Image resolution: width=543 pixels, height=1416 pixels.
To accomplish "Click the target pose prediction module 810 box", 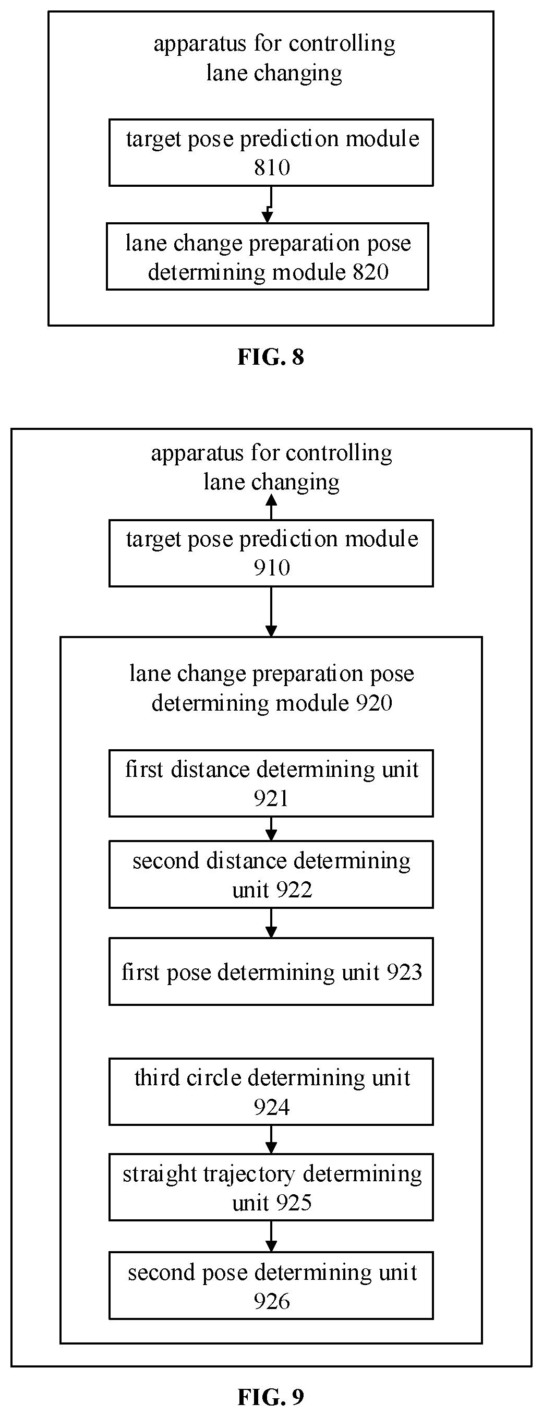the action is tap(271, 152).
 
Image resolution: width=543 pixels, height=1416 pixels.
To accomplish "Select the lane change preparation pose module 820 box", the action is tap(267, 256).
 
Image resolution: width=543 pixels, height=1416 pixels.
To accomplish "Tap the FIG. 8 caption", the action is tap(270, 357).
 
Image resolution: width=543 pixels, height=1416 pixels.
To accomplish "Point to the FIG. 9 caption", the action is tap(270, 1396).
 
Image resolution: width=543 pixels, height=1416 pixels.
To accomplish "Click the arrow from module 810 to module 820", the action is tap(269, 205).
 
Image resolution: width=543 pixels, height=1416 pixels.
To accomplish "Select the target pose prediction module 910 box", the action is tap(271, 553).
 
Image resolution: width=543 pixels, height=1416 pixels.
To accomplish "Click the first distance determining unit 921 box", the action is tap(271, 783).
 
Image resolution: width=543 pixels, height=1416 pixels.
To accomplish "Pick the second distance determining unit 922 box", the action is tap(271, 874).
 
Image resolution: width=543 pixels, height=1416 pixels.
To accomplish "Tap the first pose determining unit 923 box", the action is tap(271, 972).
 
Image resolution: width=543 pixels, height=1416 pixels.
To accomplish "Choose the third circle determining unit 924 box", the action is tap(271, 1092).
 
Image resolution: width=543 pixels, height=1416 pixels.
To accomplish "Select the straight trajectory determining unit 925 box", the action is tap(271, 1188).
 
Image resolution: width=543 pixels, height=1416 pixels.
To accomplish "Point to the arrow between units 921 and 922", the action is tap(271, 829).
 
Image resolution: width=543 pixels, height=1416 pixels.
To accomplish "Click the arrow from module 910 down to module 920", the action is tap(271, 612).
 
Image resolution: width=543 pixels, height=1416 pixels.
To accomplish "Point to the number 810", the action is tap(271, 167).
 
